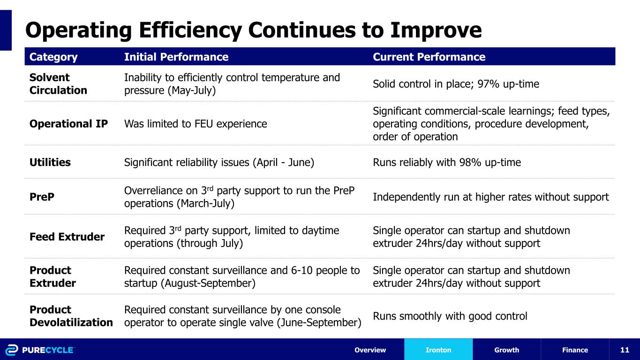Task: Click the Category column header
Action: [x=53, y=57]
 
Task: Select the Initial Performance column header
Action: [x=176, y=57]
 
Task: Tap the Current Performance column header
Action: [x=429, y=57]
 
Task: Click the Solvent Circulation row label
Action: [x=58, y=84]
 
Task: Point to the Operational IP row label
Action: [x=68, y=124]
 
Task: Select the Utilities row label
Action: [x=50, y=162]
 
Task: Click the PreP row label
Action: [x=42, y=197]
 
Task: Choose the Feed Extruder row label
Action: [x=67, y=237]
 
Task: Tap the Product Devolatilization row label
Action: [x=71, y=316]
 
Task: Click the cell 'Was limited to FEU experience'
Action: [x=196, y=124]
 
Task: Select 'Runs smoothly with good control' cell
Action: [x=450, y=316]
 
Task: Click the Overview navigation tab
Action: [x=370, y=350]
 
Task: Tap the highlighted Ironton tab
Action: [x=438, y=350]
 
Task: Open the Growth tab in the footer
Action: [x=506, y=350]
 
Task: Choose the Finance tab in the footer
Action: [x=574, y=350]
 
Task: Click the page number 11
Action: [x=624, y=350]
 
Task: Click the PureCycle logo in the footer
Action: [x=40, y=350]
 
